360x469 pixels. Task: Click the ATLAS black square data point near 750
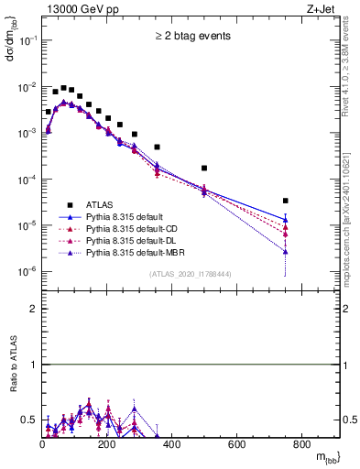[286, 201]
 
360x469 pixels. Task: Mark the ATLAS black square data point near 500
[204, 169]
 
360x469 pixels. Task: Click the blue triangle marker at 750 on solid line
[286, 220]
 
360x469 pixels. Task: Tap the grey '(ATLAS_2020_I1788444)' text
[191, 274]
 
